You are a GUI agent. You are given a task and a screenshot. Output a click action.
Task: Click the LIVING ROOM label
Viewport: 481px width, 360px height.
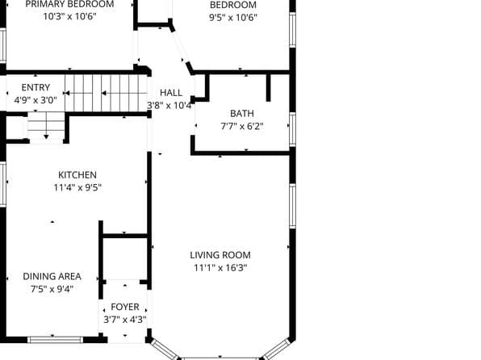click(220, 255)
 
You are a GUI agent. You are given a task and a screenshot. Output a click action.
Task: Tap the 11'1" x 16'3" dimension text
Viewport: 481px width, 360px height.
click(220, 268)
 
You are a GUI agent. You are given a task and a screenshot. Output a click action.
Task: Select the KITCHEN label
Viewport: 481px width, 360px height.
click(77, 175)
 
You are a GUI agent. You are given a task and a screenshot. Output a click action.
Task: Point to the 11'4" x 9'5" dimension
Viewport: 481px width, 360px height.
click(77, 188)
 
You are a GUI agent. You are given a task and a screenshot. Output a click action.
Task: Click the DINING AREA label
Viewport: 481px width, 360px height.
click(52, 276)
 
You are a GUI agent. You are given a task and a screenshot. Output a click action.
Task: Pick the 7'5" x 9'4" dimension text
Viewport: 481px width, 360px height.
click(52, 289)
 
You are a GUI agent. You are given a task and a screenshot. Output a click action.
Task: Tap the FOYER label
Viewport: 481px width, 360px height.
click(124, 307)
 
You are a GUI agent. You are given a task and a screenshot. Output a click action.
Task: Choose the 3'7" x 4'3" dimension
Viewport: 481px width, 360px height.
click(124, 320)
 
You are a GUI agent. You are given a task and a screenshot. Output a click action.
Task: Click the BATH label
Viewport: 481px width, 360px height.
click(241, 113)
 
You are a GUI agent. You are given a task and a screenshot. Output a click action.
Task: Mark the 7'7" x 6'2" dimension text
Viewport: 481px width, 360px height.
click(241, 126)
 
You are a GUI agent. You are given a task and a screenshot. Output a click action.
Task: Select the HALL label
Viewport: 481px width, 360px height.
click(171, 93)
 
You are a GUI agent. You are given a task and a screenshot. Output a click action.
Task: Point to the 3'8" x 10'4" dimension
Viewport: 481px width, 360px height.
click(169, 106)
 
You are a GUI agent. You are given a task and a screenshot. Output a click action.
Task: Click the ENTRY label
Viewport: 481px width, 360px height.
click(36, 87)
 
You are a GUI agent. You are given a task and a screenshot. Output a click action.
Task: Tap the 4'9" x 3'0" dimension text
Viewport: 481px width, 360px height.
click(36, 100)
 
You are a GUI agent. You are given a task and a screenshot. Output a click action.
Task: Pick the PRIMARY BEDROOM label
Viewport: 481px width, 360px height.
click(69, 4)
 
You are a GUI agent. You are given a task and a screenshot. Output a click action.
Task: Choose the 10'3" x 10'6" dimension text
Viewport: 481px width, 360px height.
click(69, 16)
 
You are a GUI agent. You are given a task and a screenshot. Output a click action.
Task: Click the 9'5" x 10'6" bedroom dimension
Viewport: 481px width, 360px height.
click(233, 17)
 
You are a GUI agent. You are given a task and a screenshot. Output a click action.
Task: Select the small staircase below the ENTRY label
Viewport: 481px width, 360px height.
click(47, 128)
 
